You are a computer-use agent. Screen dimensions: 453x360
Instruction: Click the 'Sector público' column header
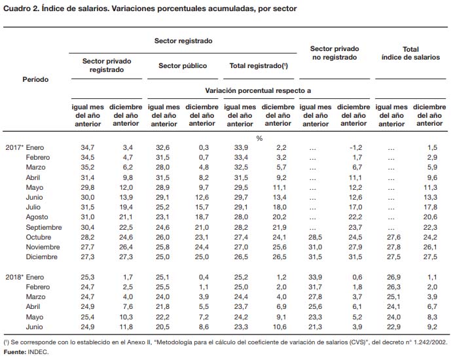(x=183, y=66)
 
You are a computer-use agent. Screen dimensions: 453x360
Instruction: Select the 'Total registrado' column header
(x=259, y=66)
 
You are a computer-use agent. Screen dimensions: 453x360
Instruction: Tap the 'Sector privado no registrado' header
(x=335, y=53)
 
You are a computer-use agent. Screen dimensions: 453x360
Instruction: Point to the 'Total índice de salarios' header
(x=410, y=53)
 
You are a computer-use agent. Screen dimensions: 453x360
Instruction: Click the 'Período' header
(x=35, y=79)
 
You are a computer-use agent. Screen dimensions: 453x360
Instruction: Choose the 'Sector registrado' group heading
(x=183, y=41)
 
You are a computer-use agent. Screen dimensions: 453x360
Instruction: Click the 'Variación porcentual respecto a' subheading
(x=258, y=91)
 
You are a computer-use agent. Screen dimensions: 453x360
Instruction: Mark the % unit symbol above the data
(x=259, y=138)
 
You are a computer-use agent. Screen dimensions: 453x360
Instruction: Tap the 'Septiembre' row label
(x=44, y=227)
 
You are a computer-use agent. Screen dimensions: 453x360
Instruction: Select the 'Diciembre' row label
(x=42, y=257)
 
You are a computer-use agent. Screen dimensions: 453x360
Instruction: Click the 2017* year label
(x=14, y=147)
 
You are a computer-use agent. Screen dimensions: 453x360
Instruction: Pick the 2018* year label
(x=14, y=277)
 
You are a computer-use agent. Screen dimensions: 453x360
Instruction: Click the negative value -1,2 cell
(x=355, y=148)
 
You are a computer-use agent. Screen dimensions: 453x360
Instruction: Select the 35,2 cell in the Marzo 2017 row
(x=88, y=168)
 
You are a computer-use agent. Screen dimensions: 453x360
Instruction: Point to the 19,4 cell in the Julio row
(x=126, y=207)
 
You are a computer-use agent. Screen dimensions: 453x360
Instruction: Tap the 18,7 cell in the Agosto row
(x=202, y=217)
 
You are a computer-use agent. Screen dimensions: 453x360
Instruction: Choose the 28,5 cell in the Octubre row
(x=315, y=237)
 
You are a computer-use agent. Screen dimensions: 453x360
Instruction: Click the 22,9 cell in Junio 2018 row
(x=394, y=327)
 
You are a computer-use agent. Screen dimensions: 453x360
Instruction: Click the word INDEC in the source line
(x=38, y=352)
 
